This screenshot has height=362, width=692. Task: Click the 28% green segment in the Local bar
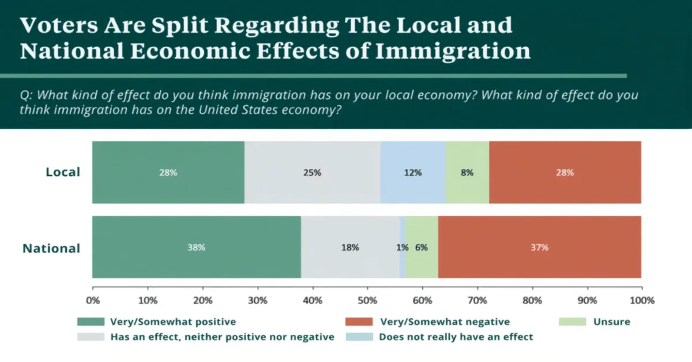coord(168,172)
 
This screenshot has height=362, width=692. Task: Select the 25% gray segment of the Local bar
coord(312,172)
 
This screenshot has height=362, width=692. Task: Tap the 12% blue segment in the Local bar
coord(413,172)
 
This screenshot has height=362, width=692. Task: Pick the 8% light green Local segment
coord(467,172)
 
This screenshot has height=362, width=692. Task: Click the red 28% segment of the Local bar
coord(565,172)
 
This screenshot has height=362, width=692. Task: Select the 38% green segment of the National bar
coord(196,247)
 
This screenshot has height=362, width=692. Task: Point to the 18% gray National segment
coord(349,247)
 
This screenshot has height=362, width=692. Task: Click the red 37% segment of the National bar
coord(540,247)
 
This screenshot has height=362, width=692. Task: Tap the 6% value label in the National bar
coord(422,247)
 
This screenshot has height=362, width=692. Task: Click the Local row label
coord(62,172)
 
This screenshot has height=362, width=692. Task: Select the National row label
coord(51,249)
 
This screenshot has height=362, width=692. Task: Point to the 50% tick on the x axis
coord(367,300)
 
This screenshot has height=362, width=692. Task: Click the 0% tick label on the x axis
coord(92,300)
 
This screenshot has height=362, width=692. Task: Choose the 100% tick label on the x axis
coord(642,300)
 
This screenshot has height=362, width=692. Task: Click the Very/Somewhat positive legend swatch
coord(91,322)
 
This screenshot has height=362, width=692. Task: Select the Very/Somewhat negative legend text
coord(445,322)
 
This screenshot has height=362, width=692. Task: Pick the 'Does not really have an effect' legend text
coord(456,337)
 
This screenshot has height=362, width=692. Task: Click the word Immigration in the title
coord(453,51)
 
